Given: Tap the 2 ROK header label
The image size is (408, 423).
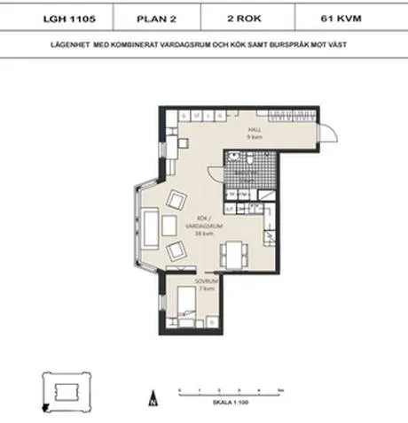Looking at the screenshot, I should [x=254, y=16].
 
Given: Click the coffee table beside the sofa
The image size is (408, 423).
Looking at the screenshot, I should [x=169, y=227].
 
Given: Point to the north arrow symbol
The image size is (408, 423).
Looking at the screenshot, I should [x=153, y=396].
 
